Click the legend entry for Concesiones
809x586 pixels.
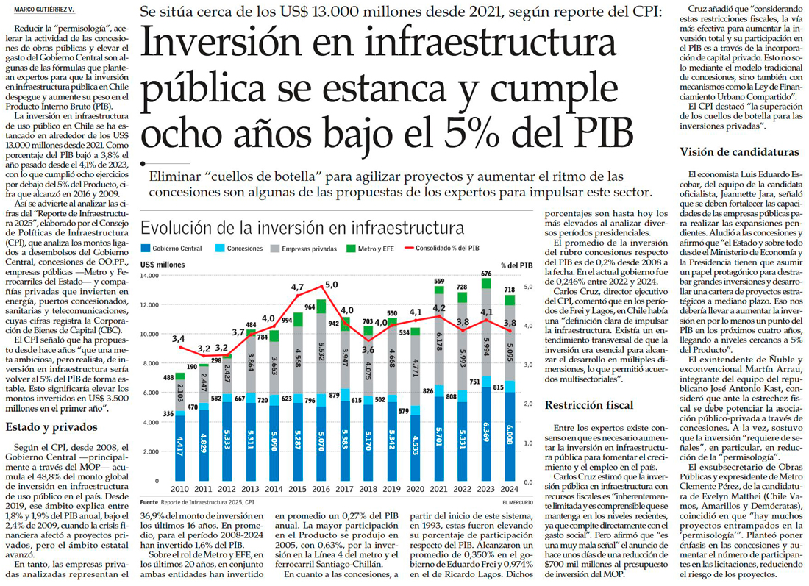point(244,249)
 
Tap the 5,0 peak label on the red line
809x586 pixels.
point(331,285)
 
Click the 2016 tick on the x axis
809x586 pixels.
point(321,488)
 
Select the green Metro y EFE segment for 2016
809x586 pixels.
point(321,307)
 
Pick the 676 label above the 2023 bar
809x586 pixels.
point(485,274)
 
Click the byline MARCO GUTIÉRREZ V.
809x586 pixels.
point(46,8)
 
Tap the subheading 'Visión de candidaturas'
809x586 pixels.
point(739,152)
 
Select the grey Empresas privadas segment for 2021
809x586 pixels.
point(439,337)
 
